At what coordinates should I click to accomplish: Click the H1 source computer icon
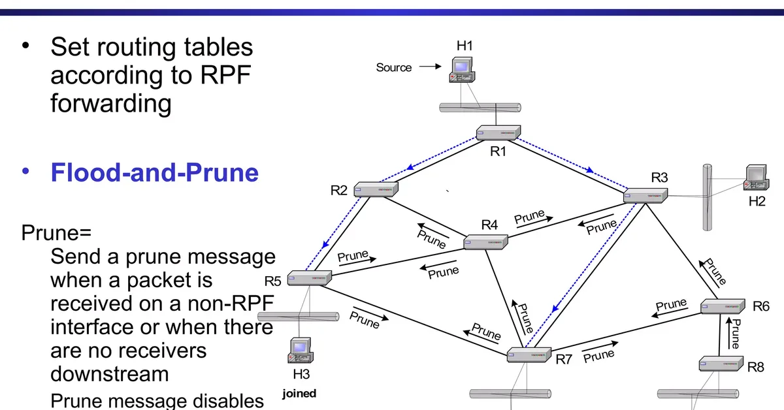click(x=463, y=70)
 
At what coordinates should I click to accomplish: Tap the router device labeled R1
click(x=498, y=133)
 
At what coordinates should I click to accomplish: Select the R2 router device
click(x=376, y=189)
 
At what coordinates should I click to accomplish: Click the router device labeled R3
click(x=645, y=195)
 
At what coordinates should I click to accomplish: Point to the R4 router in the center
click(x=485, y=243)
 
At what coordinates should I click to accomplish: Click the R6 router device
click(x=723, y=306)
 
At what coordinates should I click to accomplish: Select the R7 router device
click(x=530, y=356)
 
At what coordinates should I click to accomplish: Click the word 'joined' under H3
click(x=299, y=393)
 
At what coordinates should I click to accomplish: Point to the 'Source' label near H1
click(x=394, y=67)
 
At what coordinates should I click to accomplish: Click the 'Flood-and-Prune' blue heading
click(x=155, y=172)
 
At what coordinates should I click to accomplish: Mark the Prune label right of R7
click(x=599, y=356)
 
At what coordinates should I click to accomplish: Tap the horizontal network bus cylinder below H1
click(x=480, y=107)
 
